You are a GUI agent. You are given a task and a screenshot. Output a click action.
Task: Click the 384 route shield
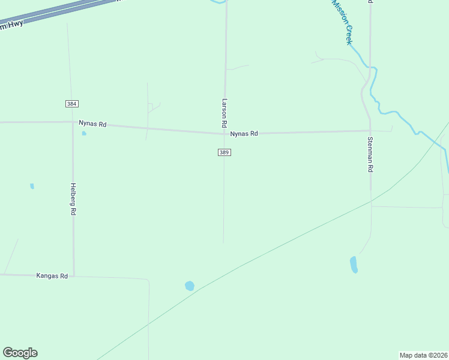pos(72,104)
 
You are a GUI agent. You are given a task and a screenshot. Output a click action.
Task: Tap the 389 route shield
pos(224,152)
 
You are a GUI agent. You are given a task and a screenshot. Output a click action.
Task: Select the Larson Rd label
pos(224,112)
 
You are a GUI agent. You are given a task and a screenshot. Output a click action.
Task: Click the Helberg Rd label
pos(73,199)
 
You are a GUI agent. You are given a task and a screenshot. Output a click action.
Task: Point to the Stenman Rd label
pos(370,155)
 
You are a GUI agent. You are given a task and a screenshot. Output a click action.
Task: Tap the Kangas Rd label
pos(52,276)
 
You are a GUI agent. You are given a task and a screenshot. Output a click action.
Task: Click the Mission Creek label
pos(342,22)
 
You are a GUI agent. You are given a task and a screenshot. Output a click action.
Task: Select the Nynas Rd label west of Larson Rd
pos(92,124)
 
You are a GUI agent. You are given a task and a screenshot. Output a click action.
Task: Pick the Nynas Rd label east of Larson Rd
pos(244,134)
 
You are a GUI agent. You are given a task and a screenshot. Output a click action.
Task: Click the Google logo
pos(20,353)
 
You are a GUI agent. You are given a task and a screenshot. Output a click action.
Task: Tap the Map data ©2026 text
pos(423,355)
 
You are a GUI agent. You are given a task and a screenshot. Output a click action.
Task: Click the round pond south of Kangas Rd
pos(190,286)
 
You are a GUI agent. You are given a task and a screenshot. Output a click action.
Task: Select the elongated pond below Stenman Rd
pos(354,265)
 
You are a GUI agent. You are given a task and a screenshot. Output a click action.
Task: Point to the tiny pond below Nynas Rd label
pos(84,133)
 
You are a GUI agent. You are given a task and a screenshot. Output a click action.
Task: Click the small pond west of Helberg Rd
pos(32,186)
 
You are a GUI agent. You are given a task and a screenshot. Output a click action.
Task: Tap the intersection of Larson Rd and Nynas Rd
pos(225,133)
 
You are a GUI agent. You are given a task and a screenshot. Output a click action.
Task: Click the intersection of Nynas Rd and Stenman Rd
pos(370,130)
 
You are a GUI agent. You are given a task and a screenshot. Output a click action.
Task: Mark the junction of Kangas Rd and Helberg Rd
pos(74,276)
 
